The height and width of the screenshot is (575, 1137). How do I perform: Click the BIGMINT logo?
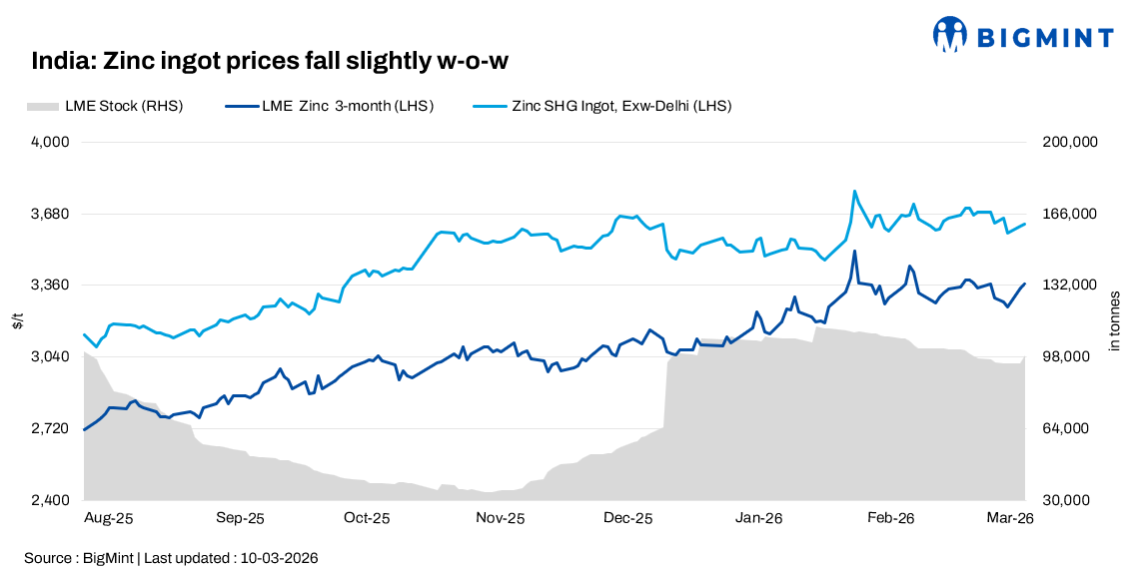coord(1022,35)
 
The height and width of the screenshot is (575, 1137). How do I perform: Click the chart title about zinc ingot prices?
coord(270,62)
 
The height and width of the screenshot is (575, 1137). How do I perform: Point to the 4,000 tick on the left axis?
coord(50,142)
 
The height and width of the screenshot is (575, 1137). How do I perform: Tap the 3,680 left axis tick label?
coord(50,214)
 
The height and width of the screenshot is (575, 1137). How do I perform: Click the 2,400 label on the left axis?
coord(50,500)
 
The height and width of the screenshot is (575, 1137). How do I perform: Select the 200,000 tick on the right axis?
coord(1070,142)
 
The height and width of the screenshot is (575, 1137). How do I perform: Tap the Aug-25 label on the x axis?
coord(109,518)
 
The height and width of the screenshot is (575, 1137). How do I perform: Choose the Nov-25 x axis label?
coord(500,518)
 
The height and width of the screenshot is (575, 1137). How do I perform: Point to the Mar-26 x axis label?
coord(1010,518)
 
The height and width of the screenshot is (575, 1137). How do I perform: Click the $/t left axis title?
coord(17,321)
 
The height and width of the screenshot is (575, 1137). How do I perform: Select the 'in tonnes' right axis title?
coord(1115,321)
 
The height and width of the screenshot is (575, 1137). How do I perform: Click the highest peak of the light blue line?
coord(854,191)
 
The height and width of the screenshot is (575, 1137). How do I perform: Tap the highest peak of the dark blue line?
coord(854,252)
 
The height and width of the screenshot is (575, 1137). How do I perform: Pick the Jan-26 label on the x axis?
coord(758,518)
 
